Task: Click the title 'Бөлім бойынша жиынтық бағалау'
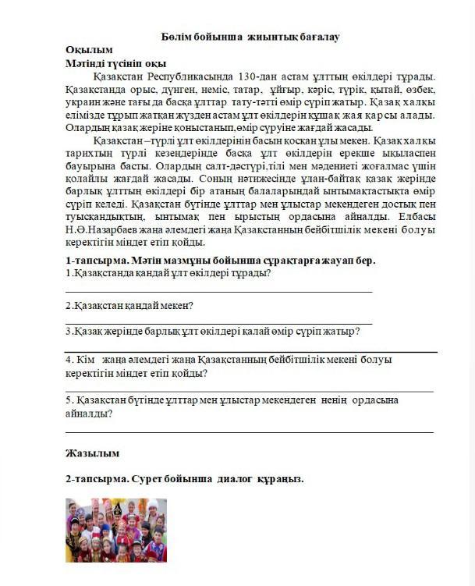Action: click(250, 37)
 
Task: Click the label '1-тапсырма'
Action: click(93, 261)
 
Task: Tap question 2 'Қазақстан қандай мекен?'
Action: click(130, 305)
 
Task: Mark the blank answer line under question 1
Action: click(218, 291)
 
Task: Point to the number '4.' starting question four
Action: click(69, 360)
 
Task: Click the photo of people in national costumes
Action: click(116, 531)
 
